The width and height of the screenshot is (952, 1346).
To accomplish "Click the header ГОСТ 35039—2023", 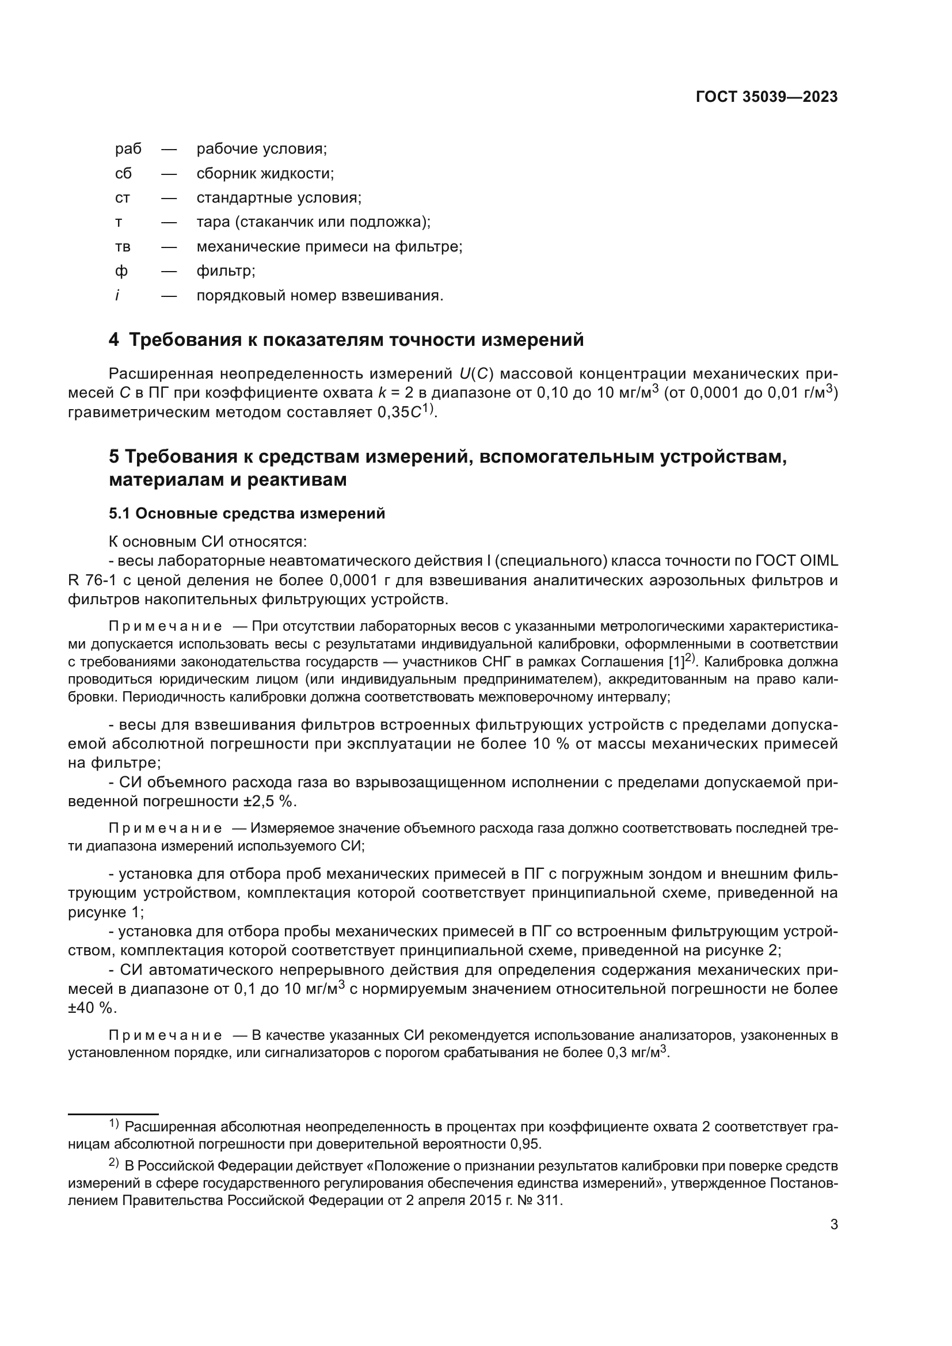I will click(x=766, y=97).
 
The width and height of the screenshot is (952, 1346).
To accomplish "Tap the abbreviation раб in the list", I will click(x=128, y=149).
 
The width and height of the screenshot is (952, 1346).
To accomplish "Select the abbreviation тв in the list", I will click(x=123, y=247).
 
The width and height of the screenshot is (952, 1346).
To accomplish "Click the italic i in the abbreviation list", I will click(x=117, y=296).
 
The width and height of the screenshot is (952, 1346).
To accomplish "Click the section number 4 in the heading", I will click(x=114, y=340).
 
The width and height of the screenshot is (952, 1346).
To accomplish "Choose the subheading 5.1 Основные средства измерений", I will click(x=247, y=513).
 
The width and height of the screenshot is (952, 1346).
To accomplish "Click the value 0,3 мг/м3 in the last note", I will click(x=638, y=1053).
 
